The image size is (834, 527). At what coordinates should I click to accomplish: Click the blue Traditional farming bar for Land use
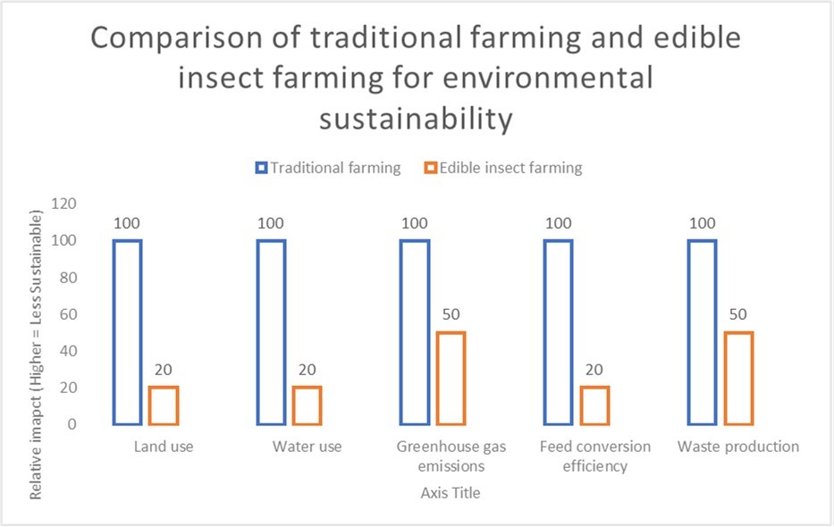click(128, 331)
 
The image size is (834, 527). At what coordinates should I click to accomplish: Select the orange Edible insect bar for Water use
click(307, 405)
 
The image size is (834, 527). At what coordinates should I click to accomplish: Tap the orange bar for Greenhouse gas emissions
click(451, 377)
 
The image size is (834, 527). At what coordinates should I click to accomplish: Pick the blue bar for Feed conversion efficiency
click(559, 331)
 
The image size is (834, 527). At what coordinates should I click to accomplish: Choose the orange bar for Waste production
click(738, 377)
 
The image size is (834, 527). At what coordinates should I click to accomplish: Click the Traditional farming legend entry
click(328, 168)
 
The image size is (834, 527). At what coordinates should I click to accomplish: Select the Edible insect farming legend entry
click(503, 168)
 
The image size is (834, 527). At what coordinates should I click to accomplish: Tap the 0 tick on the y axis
click(72, 425)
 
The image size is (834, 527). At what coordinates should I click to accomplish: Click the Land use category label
click(164, 447)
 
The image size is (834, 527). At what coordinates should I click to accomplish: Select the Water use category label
click(307, 447)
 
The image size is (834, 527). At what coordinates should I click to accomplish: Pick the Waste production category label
click(738, 447)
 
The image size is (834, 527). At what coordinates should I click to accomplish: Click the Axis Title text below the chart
click(451, 492)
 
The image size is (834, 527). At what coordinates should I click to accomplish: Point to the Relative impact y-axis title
click(36, 354)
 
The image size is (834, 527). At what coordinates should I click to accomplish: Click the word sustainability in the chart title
click(417, 117)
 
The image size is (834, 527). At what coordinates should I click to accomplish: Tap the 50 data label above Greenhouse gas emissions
click(451, 315)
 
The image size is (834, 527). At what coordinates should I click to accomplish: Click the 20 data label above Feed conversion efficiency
click(594, 371)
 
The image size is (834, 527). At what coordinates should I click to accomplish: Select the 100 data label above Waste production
click(703, 223)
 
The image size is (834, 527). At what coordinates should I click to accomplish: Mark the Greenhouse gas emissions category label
click(451, 456)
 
